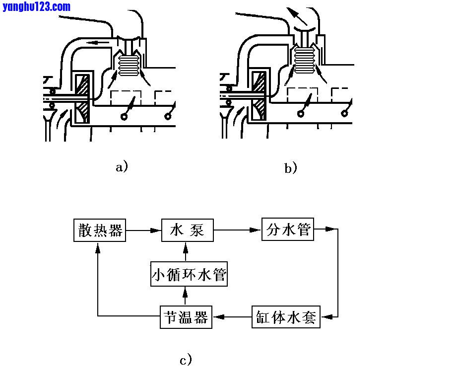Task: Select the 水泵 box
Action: tap(187, 231)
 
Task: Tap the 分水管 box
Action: tap(288, 230)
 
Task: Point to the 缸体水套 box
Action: tap(286, 316)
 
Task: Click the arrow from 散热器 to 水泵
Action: tap(144, 231)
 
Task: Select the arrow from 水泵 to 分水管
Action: tap(237, 231)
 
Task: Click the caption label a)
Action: tap(122, 166)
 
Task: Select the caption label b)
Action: tap(291, 168)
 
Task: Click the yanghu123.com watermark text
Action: tap(36, 6)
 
